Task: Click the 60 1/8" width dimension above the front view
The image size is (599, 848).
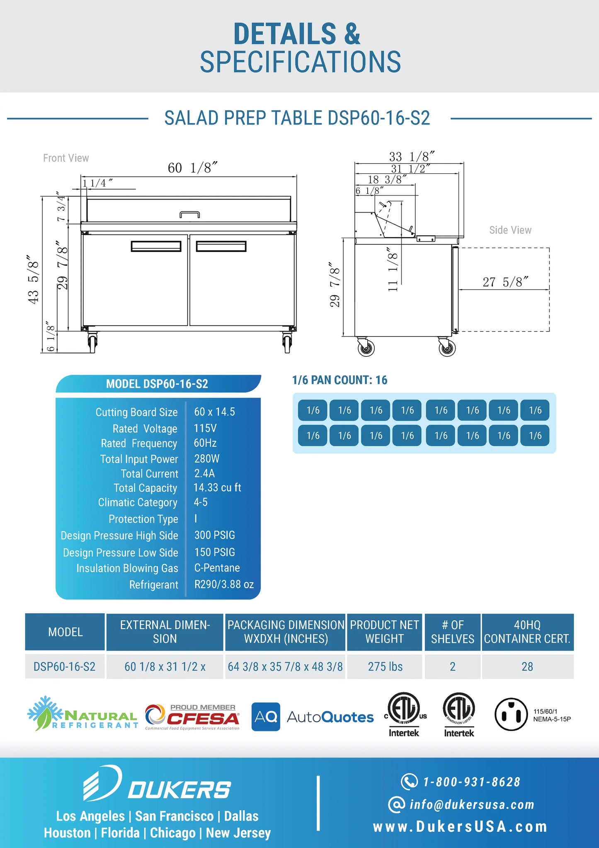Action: pos(192,168)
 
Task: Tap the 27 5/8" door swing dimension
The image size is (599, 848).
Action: pos(505,282)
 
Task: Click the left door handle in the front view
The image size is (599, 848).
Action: pos(156,246)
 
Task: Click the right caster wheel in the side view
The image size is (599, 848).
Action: pos(447,347)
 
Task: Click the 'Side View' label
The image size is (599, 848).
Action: pos(510,230)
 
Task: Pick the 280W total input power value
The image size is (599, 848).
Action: pos(207,458)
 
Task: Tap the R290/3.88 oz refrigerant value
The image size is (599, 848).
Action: pos(224,584)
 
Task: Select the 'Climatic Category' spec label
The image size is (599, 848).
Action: pos(138,502)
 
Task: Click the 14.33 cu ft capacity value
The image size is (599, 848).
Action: pos(217,487)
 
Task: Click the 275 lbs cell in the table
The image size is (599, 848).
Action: pos(385,667)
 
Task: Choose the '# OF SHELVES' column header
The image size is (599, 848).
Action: pos(452,632)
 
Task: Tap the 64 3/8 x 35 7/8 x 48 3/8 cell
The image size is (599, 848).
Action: pos(285,667)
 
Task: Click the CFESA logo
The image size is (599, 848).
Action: pos(192,717)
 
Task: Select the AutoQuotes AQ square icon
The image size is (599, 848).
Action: pos(266,716)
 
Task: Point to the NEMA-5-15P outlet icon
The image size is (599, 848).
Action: pos(511,714)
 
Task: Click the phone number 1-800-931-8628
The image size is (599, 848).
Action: pos(471,782)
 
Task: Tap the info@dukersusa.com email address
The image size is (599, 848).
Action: pos(472,805)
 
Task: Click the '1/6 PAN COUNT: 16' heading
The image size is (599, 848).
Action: pos(340,380)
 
